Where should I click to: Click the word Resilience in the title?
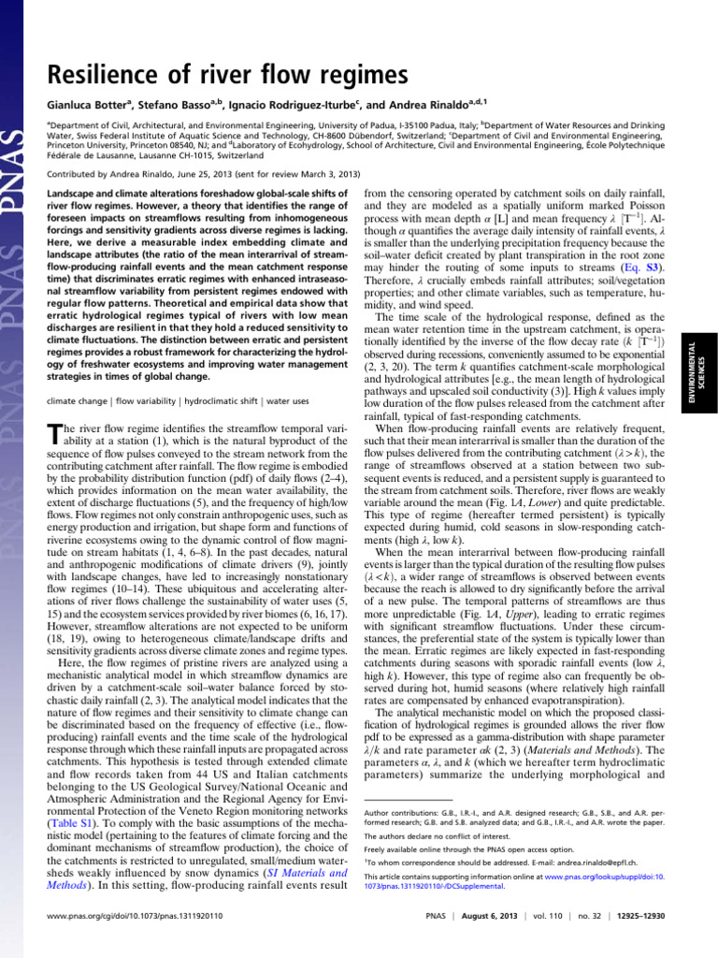(x=104, y=74)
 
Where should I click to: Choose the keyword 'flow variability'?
(x=147, y=400)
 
